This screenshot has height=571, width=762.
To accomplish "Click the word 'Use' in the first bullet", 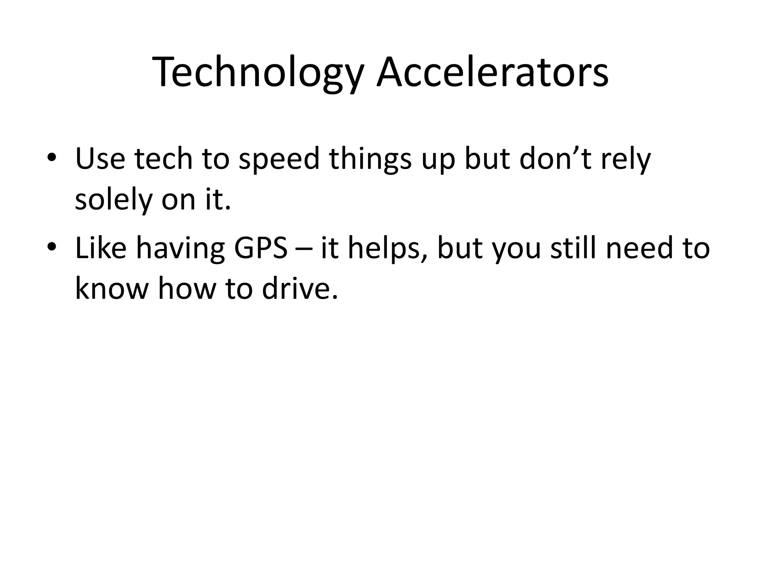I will (100, 159).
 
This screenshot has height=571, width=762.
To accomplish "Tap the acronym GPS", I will (261, 248).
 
